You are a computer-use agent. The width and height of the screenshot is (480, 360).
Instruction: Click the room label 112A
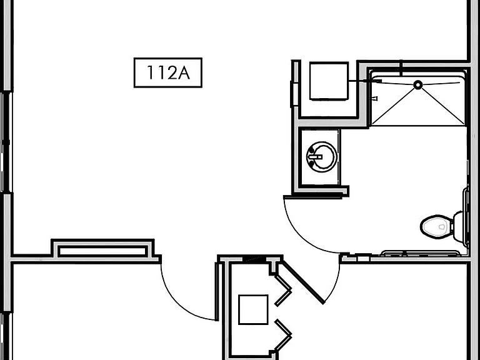(x=168, y=72)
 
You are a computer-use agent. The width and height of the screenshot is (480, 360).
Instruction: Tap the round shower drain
(x=418, y=85)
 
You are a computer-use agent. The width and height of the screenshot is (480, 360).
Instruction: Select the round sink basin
(x=322, y=157)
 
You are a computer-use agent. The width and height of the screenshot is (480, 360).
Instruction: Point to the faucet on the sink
(x=315, y=157)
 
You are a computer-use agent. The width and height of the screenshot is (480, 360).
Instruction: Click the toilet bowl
(x=436, y=226)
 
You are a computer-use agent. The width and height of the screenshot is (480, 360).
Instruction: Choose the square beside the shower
(x=329, y=81)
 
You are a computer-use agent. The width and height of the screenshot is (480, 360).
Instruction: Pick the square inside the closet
(x=253, y=309)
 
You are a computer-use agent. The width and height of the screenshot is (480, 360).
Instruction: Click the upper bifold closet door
(x=282, y=290)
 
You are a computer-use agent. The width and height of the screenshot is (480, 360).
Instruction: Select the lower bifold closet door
(x=282, y=335)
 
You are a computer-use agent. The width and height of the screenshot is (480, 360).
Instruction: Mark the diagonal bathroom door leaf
(x=303, y=282)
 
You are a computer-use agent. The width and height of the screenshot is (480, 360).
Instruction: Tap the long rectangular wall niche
(x=102, y=251)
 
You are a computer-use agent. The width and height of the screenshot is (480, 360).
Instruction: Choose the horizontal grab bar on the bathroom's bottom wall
(x=420, y=253)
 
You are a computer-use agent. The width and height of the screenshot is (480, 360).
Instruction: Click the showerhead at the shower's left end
(x=376, y=81)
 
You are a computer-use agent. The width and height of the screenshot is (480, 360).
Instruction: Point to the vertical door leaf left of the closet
(x=216, y=291)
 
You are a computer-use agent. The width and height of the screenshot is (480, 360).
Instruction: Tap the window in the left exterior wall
(x=6, y=142)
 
